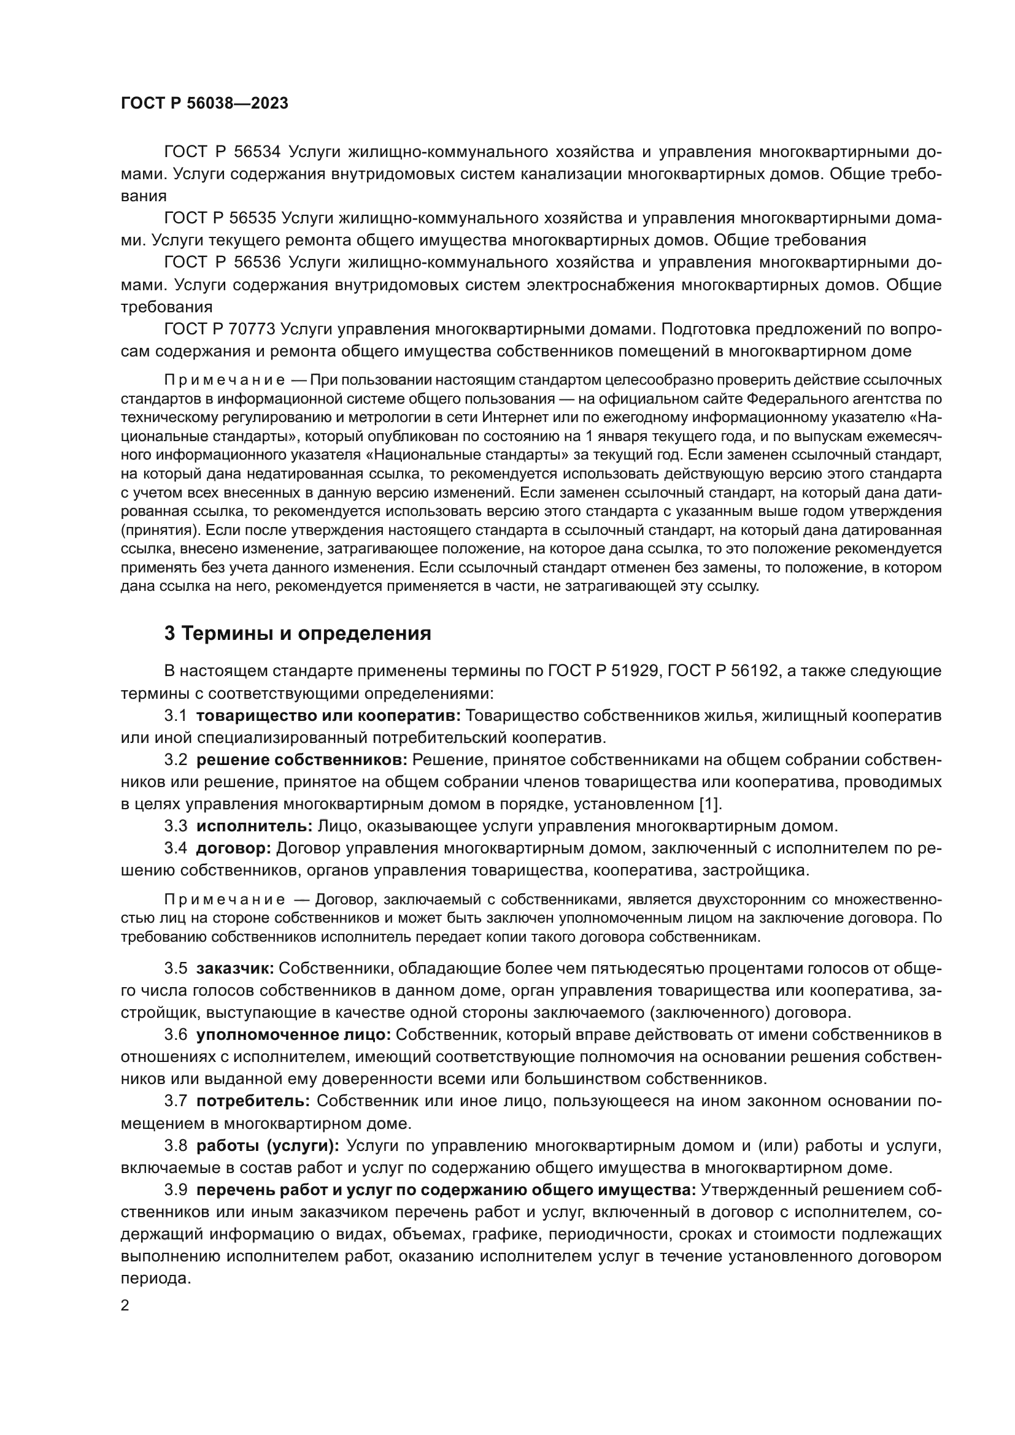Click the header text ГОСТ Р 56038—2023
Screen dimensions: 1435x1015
click(204, 104)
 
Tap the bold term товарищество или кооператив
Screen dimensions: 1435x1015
click(328, 715)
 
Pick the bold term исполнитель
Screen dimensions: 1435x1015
click(255, 826)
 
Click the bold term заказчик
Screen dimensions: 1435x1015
click(235, 969)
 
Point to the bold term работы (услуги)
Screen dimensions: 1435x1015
click(268, 1145)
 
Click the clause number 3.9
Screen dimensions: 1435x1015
click(176, 1190)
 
